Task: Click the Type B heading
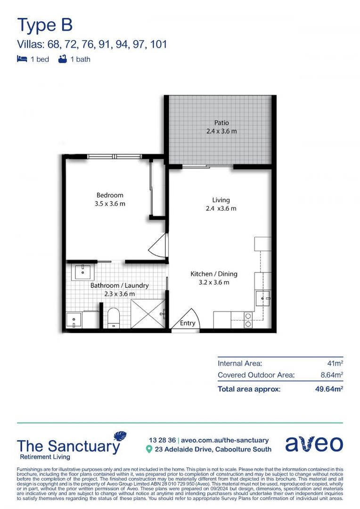(x=45, y=25)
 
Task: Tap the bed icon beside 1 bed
(x=22, y=59)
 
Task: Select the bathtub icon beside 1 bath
(x=62, y=59)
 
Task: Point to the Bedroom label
(x=110, y=195)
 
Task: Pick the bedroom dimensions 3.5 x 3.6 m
(x=110, y=204)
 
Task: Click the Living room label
(x=221, y=200)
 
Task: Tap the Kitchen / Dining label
(x=214, y=274)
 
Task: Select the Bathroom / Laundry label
(x=120, y=285)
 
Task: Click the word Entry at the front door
(x=188, y=323)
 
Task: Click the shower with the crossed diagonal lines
(x=147, y=313)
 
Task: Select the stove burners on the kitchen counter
(x=248, y=320)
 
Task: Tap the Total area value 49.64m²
(x=329, y=389)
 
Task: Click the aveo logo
(x=314, y=444)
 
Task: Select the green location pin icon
(x=149, y=449)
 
